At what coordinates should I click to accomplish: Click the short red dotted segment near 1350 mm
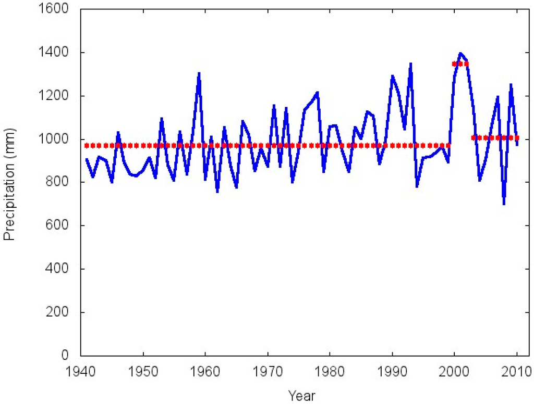460,64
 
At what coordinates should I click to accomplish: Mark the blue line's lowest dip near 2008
504,203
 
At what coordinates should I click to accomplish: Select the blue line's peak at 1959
199,73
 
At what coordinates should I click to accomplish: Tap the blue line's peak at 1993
411,64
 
